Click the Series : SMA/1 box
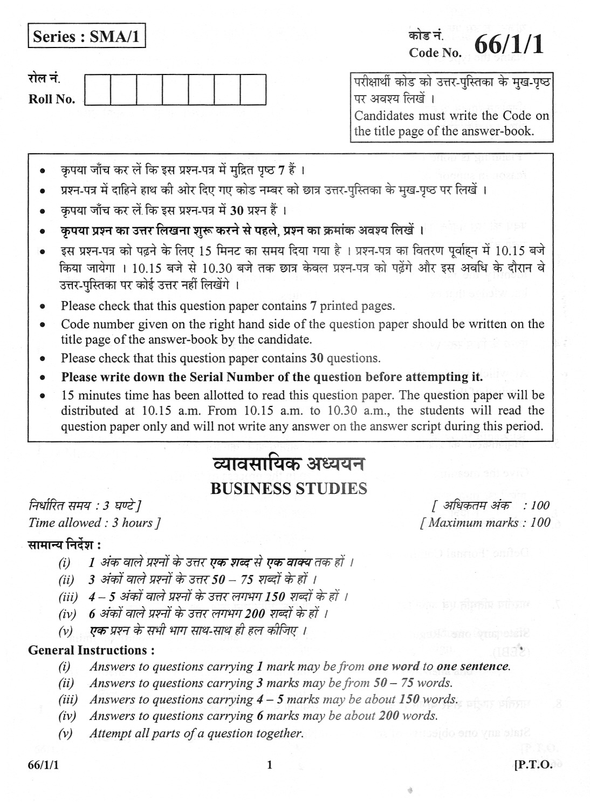pyautogui.click(x=87, y=37)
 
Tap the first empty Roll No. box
pyautogui.click(x=98, y=89)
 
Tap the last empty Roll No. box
pyautogui.click(x=253, y=89)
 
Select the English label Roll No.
pyautogui.click(x=52, y=99)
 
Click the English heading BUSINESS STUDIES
pyautogui.click(x=289, y=488)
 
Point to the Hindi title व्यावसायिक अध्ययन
pyautogui.click(x=289, y=465)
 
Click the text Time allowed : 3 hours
pyautogui.click(x=94, y=522)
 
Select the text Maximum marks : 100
pyautogui.click(x=486, y=522)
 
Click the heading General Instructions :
pyautogui.click(x=92, y=650)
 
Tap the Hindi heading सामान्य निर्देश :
pyautogui.click(x=65, y=543)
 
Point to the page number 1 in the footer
pyautogui.click(x=270, y=765)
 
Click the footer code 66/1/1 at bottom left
pyautogui.click(x=44, y=765)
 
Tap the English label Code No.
pyautogui.click(x=435, y=53)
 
